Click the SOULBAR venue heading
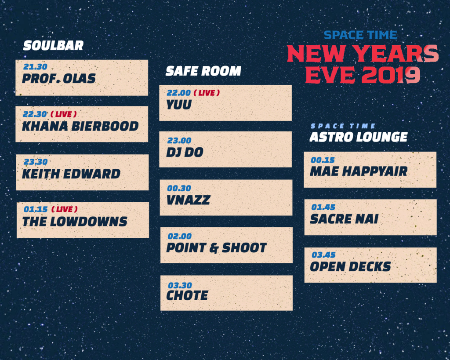pyautogui.click(x=53, y=46)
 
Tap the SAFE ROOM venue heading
pyautogui.click(x=203, y=71)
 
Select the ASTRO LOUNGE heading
pyautogui.click(x=359, y=137)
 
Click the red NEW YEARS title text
pyautogui.click(x=363, y=54)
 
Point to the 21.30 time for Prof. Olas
pyautogui.click(x=35, y=67)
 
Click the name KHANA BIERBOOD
pyautogui.click(x=80, y=126)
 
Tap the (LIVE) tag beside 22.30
pyautogui.click(x=64, y=114)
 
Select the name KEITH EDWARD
pyautogui.click(x=71, y=174)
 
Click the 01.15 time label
pyautogui.click(x=36, y=209)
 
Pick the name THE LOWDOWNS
pyautogui.click(x=75, y=222)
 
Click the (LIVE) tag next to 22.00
pyautogui.click(x=207, y=93)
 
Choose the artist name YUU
pyautogui.click(x=179, y=105)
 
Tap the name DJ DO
pyautogui.click(x=185, y=153)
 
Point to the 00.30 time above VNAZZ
pyautogui.click(x=179, y=188)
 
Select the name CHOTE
pyautogui.click(x=187, y=295)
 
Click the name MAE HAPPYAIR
pyautogui.click(x=359, y=171)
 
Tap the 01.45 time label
pyautogui.click(x=323, y=207)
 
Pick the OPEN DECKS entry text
pyautogui.click(x=350, y=267)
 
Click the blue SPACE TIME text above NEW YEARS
pyautogui.click(x=361, y=35)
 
